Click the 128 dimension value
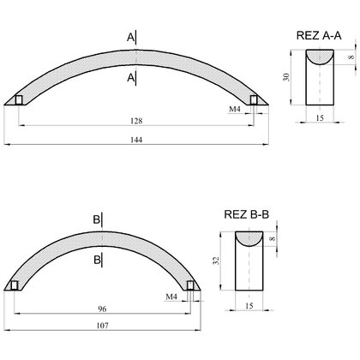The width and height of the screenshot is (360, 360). (x=136, y=121)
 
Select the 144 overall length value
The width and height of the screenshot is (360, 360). (x=136, y=140)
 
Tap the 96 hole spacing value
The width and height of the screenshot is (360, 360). (x=102, y=309)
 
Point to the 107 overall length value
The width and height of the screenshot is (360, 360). (x=102, y=326)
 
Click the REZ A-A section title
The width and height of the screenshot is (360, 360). (x=319, y=35)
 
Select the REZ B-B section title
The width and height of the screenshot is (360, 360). (x=247, y=214)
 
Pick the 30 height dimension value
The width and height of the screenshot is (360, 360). (x=286, y=77)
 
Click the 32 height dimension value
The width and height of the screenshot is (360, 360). (x=216, y=261)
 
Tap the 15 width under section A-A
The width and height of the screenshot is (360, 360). (x=320, y=117)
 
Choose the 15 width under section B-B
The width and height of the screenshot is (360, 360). (x=249, y=306)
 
